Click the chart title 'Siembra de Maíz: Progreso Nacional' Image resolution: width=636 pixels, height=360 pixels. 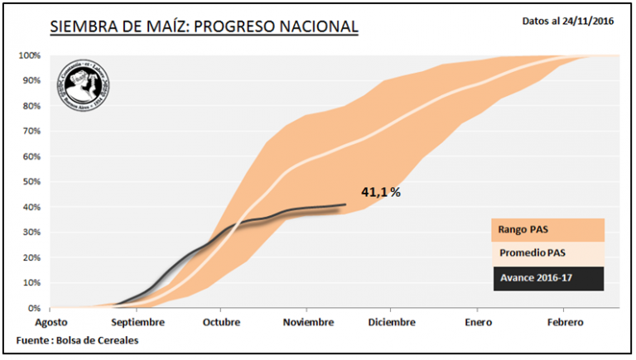pyautogui.click(x=204, y=26)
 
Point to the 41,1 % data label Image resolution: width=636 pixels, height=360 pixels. pyautogui.click(x=381, y=192)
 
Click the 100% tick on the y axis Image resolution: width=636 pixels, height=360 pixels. pyautogui.click(x=30, y=55)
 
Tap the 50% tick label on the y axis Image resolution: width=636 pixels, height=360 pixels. pyautogui.click(x=31, y=181)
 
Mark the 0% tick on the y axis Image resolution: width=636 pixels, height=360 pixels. pyautogui.click(x=34, y=308)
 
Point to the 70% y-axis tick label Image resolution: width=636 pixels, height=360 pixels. pyautogui.click(x=31, y=131)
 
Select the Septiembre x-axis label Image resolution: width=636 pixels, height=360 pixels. pyautogui.click(x=138, y=322)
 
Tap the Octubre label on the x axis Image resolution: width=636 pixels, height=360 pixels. pyautogui.click(x=221, y=322)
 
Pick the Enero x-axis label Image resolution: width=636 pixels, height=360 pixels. pyautogui.click(x=478, y=322)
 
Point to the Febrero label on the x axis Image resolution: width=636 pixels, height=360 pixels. pyautogui.click(x=564, y=322)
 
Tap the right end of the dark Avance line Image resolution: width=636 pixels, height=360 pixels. pyautogui.click(x=345, y=204)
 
